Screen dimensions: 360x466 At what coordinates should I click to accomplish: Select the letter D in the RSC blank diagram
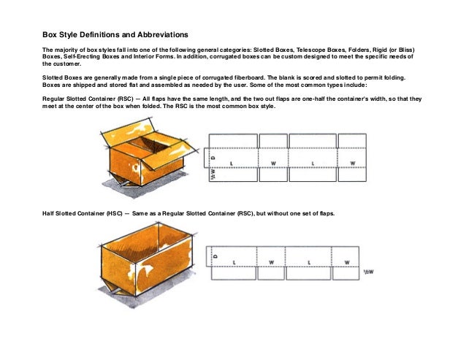coord(213,156)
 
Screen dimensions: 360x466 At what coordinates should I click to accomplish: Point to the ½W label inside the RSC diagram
coord(213,175)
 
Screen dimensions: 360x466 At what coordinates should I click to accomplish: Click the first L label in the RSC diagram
coord(232,163)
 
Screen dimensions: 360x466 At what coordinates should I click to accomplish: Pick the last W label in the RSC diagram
coord(352,163)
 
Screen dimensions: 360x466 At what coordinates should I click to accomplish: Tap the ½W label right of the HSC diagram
coord(370,272)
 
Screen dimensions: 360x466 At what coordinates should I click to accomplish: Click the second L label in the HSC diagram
coord(310,261)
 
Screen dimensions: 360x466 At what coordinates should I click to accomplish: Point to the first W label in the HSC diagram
coord(271,261)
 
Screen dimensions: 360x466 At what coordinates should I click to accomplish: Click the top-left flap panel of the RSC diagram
coord(233,140)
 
